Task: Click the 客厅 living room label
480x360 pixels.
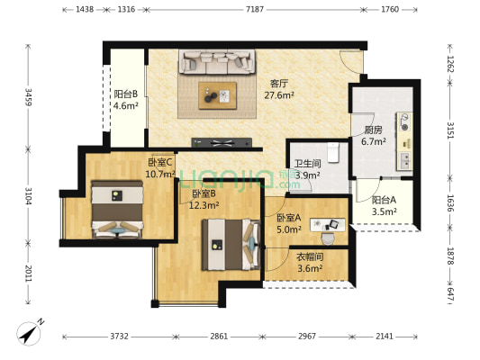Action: tap(279, 83)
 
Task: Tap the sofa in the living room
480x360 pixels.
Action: tap(217, 62)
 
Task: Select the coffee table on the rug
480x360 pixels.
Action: tap(217, 95)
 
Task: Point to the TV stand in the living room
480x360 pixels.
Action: tap(222, 142)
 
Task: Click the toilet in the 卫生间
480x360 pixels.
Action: tap(332, 152)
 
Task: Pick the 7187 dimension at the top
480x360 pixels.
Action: tap(255, 10)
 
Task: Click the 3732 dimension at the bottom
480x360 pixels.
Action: tap(119, 337)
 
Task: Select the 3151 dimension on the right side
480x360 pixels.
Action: tap(450, 130)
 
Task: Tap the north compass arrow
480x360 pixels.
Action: tap(28, 333)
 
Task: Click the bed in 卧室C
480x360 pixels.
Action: tap(117, 209)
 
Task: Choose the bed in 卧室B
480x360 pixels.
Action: tap(231, 245)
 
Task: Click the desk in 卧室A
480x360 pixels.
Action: tap(328, 225)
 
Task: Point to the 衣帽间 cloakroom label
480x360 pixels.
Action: tap(310, 256)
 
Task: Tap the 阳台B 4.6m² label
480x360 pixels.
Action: tap(125, 100)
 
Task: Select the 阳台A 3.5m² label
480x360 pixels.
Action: tap(385, 205)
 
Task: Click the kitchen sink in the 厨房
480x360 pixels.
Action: tap(404, 161)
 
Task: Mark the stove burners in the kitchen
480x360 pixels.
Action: tap(404, 121)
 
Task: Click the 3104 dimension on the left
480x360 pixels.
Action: tap(29, 196)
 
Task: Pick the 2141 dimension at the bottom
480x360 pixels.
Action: tap(385, 337)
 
